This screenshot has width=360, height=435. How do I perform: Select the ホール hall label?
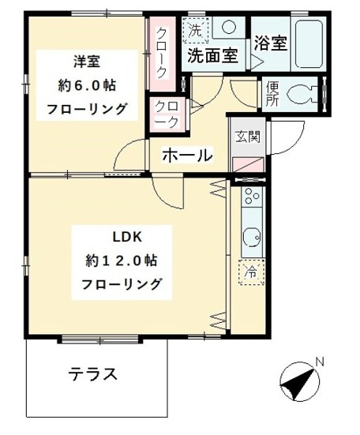coord(187,155)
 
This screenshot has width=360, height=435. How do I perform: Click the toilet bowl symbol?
coord(302,95)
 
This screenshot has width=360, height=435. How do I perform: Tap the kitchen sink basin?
coord(252,236)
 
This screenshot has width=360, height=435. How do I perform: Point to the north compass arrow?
coord(296,384)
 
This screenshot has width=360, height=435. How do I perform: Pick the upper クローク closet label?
coord(162,51)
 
